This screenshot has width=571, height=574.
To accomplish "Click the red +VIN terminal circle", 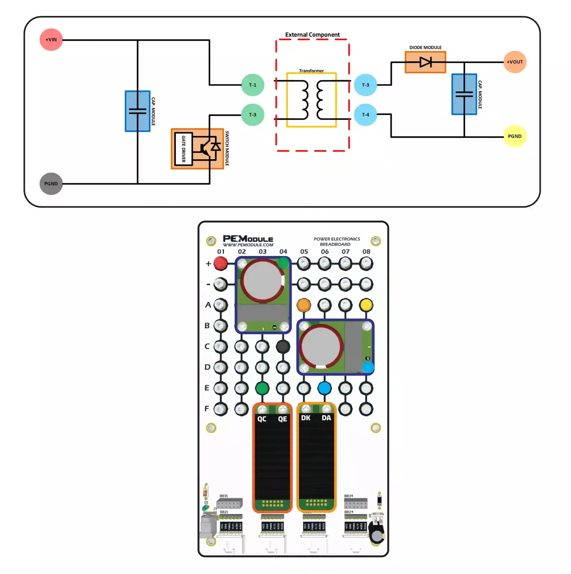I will click(51, 39).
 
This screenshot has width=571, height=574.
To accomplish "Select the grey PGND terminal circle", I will click(51, 183).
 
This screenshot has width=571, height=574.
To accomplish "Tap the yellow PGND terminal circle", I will click(514, 136).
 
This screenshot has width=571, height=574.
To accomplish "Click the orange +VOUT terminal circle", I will click(514, 62).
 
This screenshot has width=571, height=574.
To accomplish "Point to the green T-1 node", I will click(253, 85).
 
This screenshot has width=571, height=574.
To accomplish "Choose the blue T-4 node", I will click(365, 115).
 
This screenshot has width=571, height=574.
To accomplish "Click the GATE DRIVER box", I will click(183, 149).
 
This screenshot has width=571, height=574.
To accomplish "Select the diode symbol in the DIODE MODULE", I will click(425, 62).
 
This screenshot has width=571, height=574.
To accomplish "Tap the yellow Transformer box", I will click(311, 100).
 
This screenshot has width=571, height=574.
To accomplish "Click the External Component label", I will click(312, 35).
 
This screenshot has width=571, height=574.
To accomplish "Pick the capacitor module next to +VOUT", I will click(464, 94).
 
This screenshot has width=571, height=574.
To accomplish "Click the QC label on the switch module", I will click(262, 419).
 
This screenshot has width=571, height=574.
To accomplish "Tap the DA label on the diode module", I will click(326, 418).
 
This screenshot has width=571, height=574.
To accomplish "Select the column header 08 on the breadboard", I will click(366, 251).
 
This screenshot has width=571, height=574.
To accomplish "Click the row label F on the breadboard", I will click(207, 408).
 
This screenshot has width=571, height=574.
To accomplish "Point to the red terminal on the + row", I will click(220, 263).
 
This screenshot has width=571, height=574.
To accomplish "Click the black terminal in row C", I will click(283, 347).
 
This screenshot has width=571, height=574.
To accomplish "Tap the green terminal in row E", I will click(262, 388).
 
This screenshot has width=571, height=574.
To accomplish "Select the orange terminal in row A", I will click(303, 305).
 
